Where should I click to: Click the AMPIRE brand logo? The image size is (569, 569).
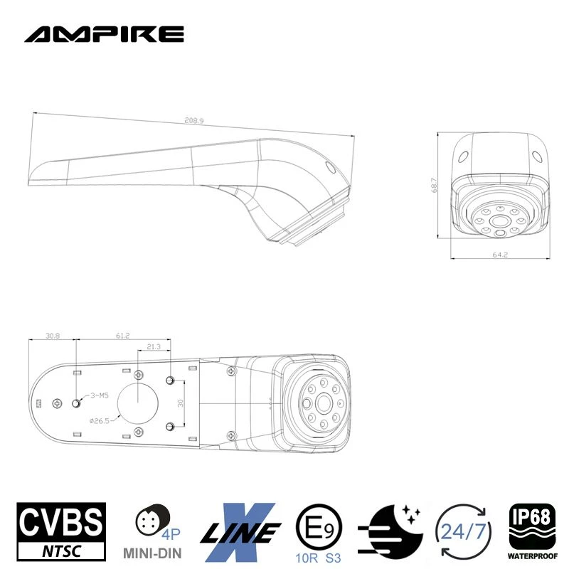click(104, 33)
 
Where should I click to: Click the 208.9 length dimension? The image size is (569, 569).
click(193, 122)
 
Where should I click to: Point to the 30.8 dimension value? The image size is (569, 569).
click(51, 335)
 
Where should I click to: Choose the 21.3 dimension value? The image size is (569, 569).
click(153, 347)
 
